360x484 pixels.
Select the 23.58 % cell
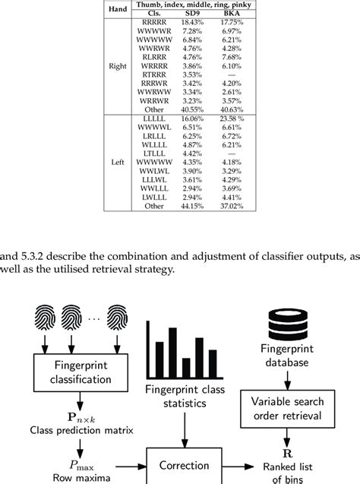click(x=237, y=119)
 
